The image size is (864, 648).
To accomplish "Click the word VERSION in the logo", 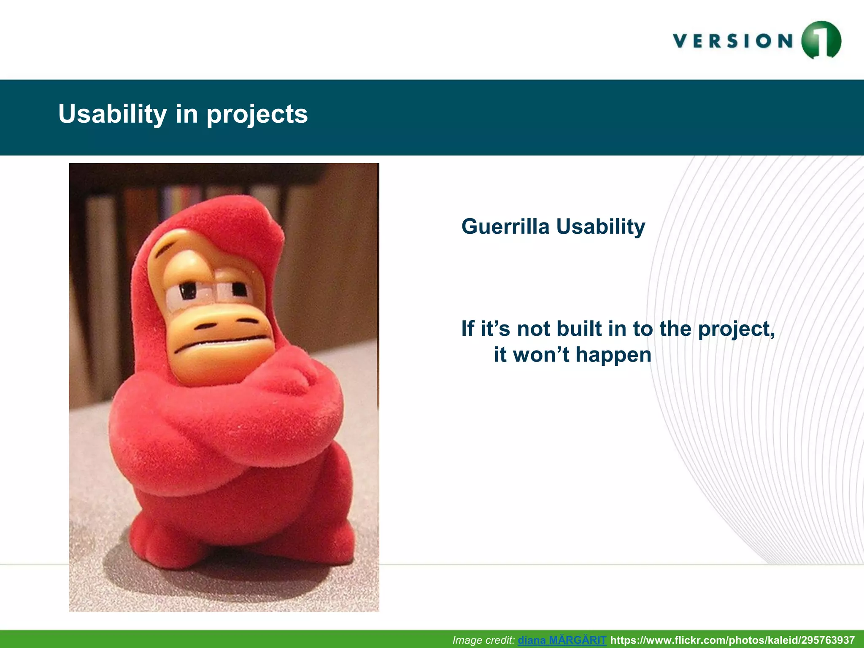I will [x=733, y=41].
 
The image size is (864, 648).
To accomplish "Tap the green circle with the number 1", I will [x=821, y=40].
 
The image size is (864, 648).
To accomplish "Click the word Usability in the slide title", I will [x=113, y=114].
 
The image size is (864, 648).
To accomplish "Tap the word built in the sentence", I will [x=591, y=328].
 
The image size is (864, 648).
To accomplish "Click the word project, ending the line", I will [x=737, y=329].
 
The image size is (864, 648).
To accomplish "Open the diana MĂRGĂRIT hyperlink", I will [x=562, y=640].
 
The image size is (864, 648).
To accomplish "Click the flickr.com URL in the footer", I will [x=732, y=640].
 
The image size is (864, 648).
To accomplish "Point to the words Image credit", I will [x=483, y=640].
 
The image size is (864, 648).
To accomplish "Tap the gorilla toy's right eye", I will [x=239, y=289].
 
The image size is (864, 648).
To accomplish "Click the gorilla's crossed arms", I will [x=228, y=418].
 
